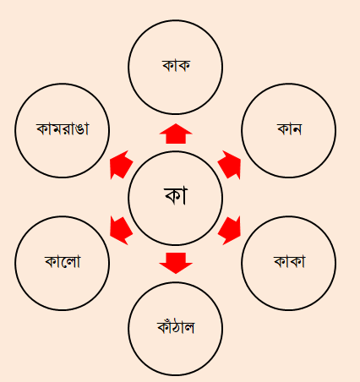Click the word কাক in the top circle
click(176, 65)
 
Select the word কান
click(289, 129)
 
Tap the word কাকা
click(290, 261)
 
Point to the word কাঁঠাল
click(176, 327)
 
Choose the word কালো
click(63, 261)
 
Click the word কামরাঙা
click(63, 128)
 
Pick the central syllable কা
click(176, 195)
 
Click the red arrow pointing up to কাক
click(176, 134)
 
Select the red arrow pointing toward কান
click(230, 165)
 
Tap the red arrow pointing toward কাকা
click(230, 231)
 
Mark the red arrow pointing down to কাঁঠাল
click(176, 263)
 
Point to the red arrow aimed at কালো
click(121, 231)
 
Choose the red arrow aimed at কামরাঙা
click(121, 165)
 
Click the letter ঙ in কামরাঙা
click(79, 129)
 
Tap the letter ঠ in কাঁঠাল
click(177, 328)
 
